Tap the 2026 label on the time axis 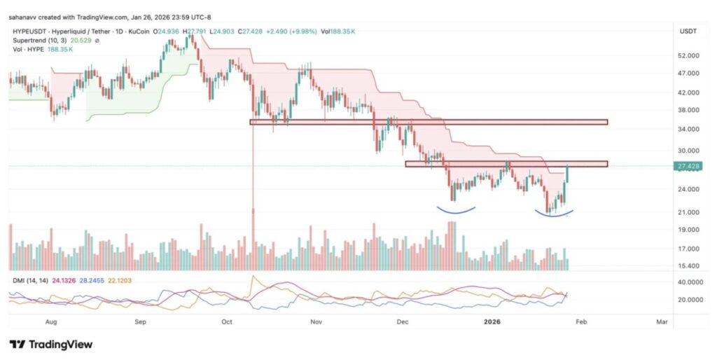point(492,322)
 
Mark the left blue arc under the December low point(457,209)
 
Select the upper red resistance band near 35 point(429,122)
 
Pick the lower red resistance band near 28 point(506,164)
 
